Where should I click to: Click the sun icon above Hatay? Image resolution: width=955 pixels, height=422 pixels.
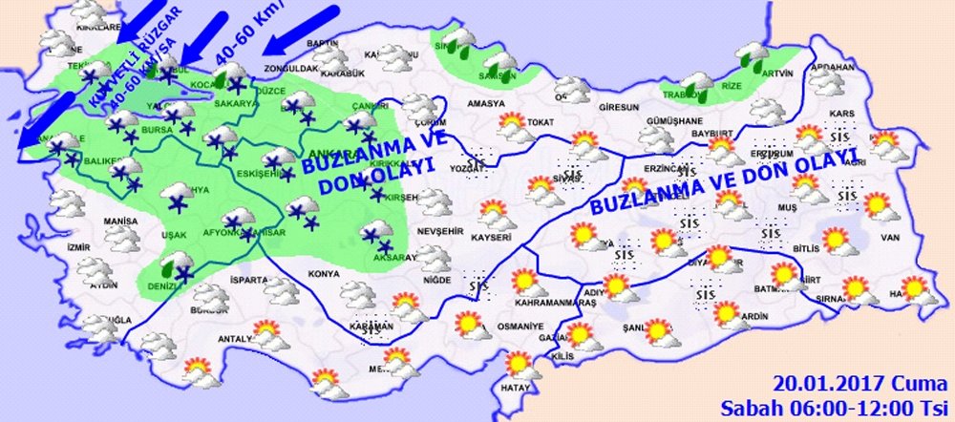[x=519, y=364]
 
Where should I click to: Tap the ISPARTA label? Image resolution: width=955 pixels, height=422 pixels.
[x=249, y=280]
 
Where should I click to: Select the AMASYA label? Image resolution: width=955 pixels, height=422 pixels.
[x=485, y=102]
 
